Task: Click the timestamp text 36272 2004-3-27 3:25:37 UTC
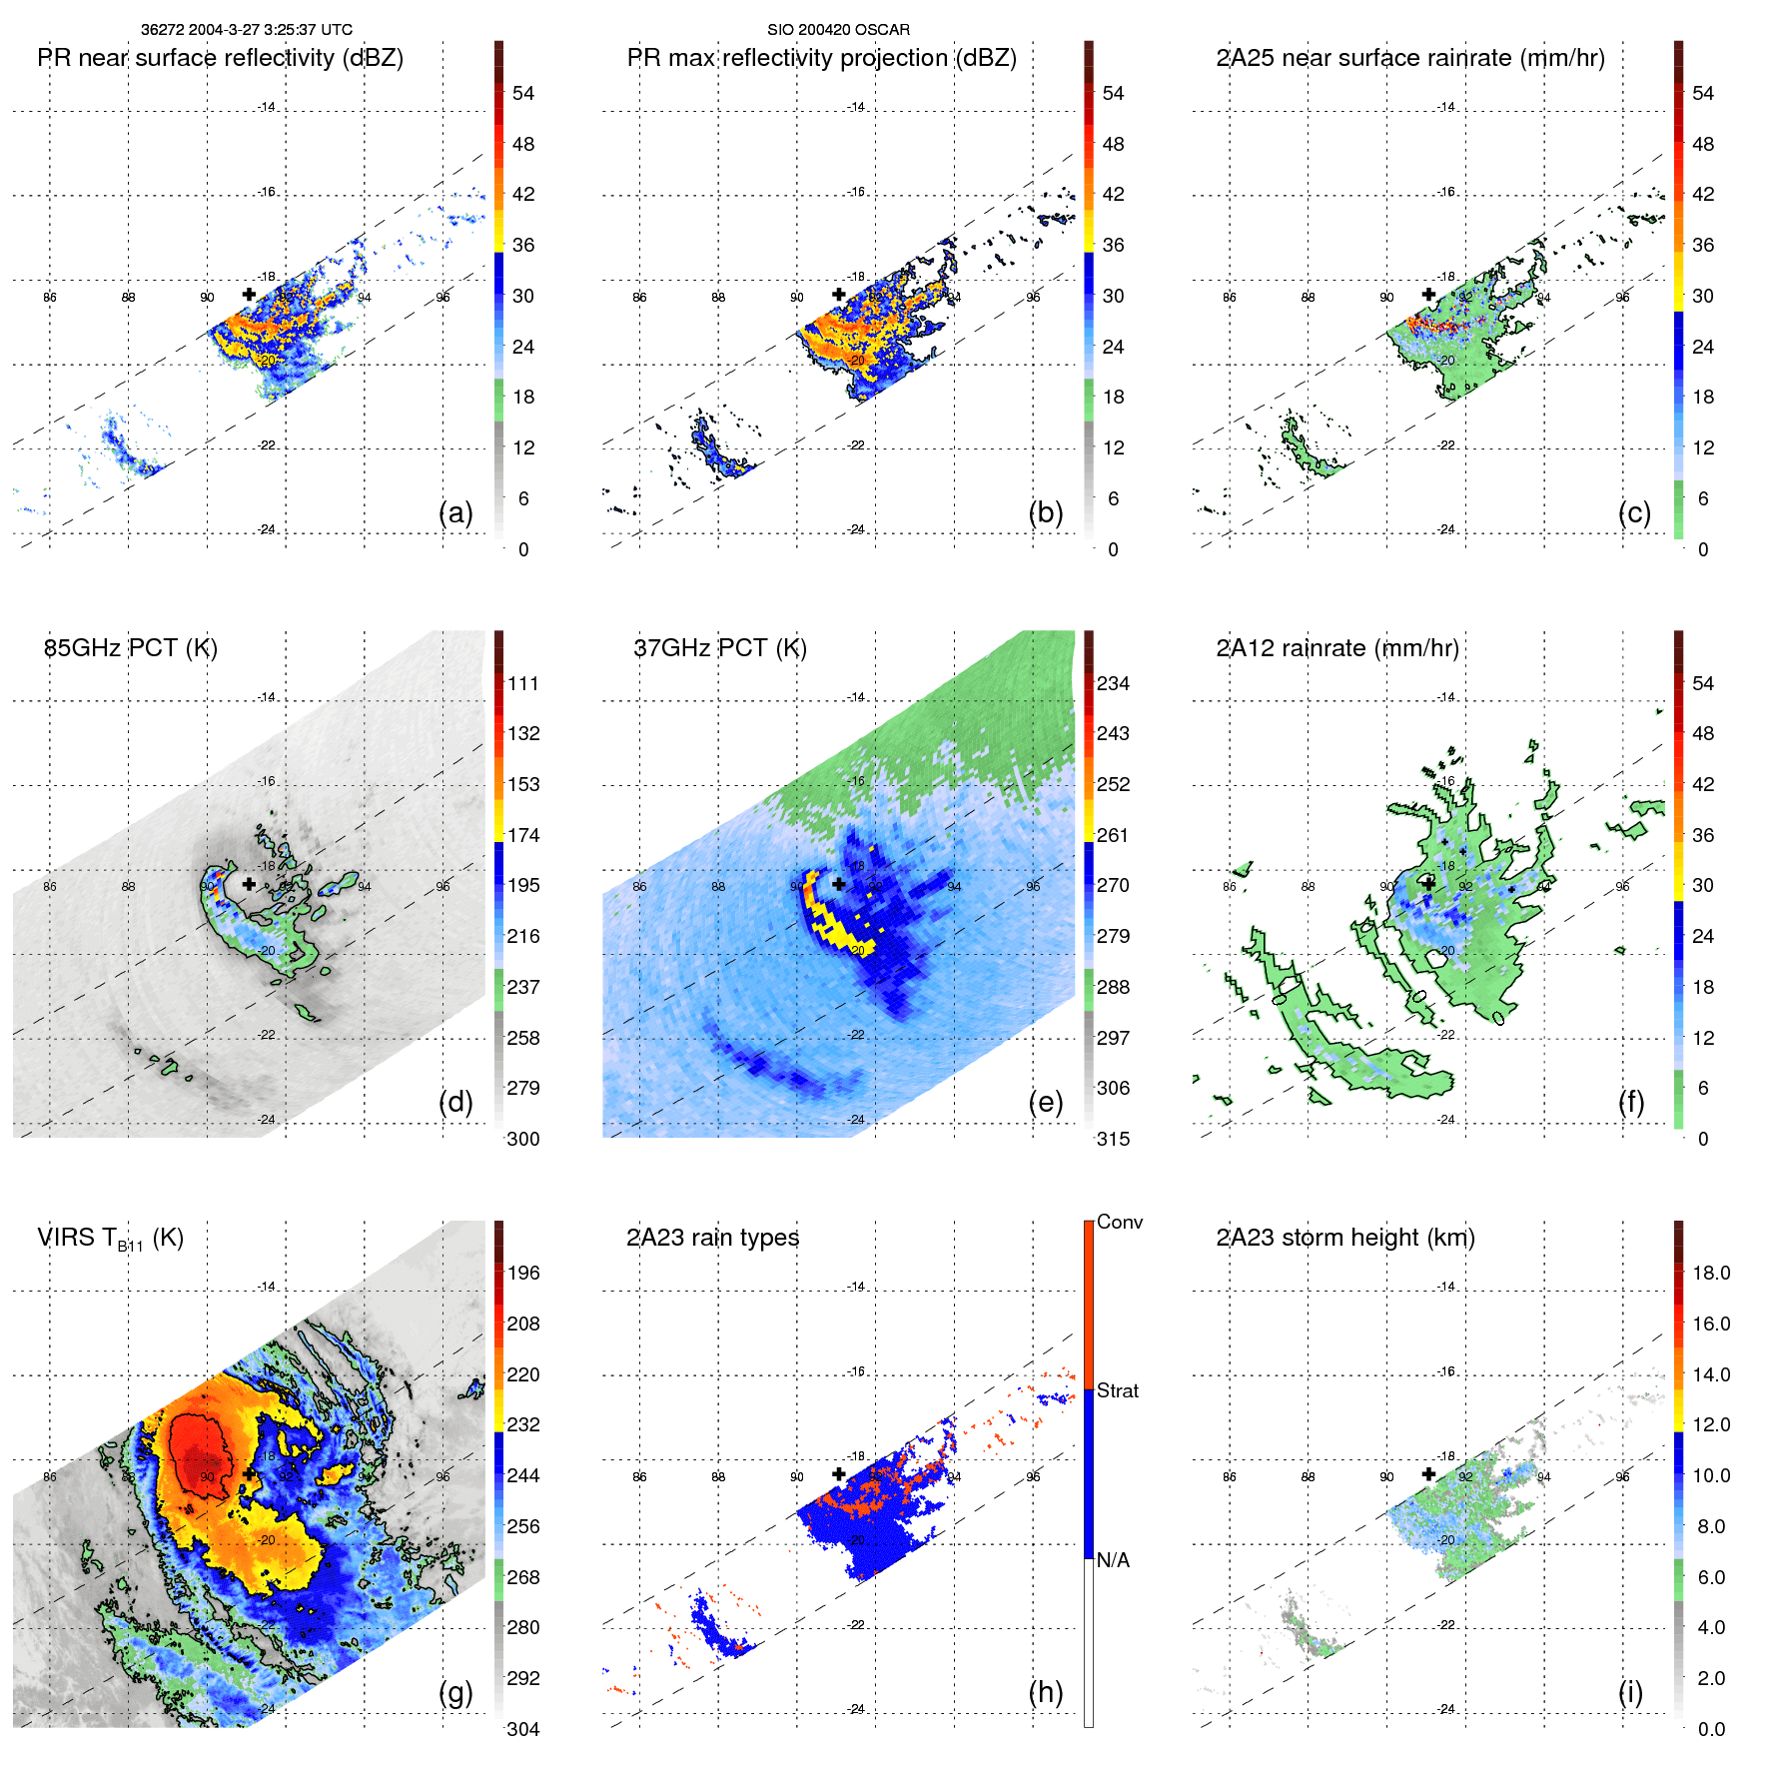pos(247,30)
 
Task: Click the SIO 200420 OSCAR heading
pos(838,30)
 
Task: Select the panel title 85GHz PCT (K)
pos(131,648)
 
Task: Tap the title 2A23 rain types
pos(713,1238)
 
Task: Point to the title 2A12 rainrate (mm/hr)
pos(1337,648)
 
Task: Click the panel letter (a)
pos(455,513)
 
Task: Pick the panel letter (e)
pos(1046,1103)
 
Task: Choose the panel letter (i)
pos(1630,1692)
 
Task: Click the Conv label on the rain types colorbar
pos(1120,1222)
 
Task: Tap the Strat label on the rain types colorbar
pos(1118,1390)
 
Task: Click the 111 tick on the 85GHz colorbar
pos(523,683)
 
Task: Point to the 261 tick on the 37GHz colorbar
pos(1113,835)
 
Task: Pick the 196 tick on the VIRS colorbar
pos(523,1273)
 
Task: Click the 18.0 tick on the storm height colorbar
pos(1711,1273)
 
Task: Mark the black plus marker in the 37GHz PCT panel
pos(839,884)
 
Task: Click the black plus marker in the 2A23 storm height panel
pos(1428,1473)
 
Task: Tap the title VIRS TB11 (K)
pos(111,1239)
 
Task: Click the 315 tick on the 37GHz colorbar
pos(1113,1139)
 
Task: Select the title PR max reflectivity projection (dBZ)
pos(821,58)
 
